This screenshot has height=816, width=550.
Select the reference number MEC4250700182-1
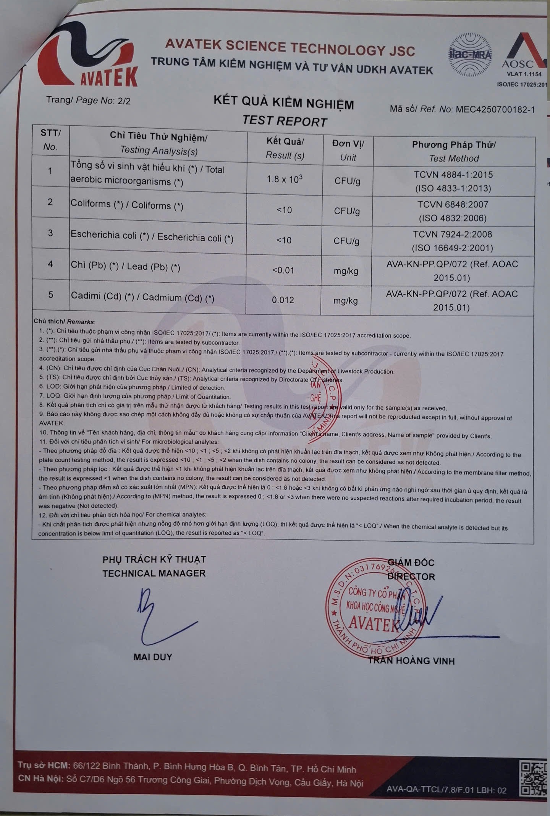coord(495,109)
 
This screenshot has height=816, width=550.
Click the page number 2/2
coord(124,101)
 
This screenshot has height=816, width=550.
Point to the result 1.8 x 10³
coord(285,179)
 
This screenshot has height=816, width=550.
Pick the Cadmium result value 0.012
coord(283,300)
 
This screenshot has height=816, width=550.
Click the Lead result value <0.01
coord(283,270)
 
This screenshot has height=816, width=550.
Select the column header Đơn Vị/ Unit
coord(348,150)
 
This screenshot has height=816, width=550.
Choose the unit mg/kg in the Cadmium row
coord(345,301)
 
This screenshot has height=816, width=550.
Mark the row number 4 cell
coord(50,264)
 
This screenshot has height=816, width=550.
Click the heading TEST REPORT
coord(285,121)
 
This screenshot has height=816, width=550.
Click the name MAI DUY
coord(153,657)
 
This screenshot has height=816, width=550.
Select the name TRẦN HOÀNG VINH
coord(411,661)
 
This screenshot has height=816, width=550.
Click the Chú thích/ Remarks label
coord(64,322)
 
